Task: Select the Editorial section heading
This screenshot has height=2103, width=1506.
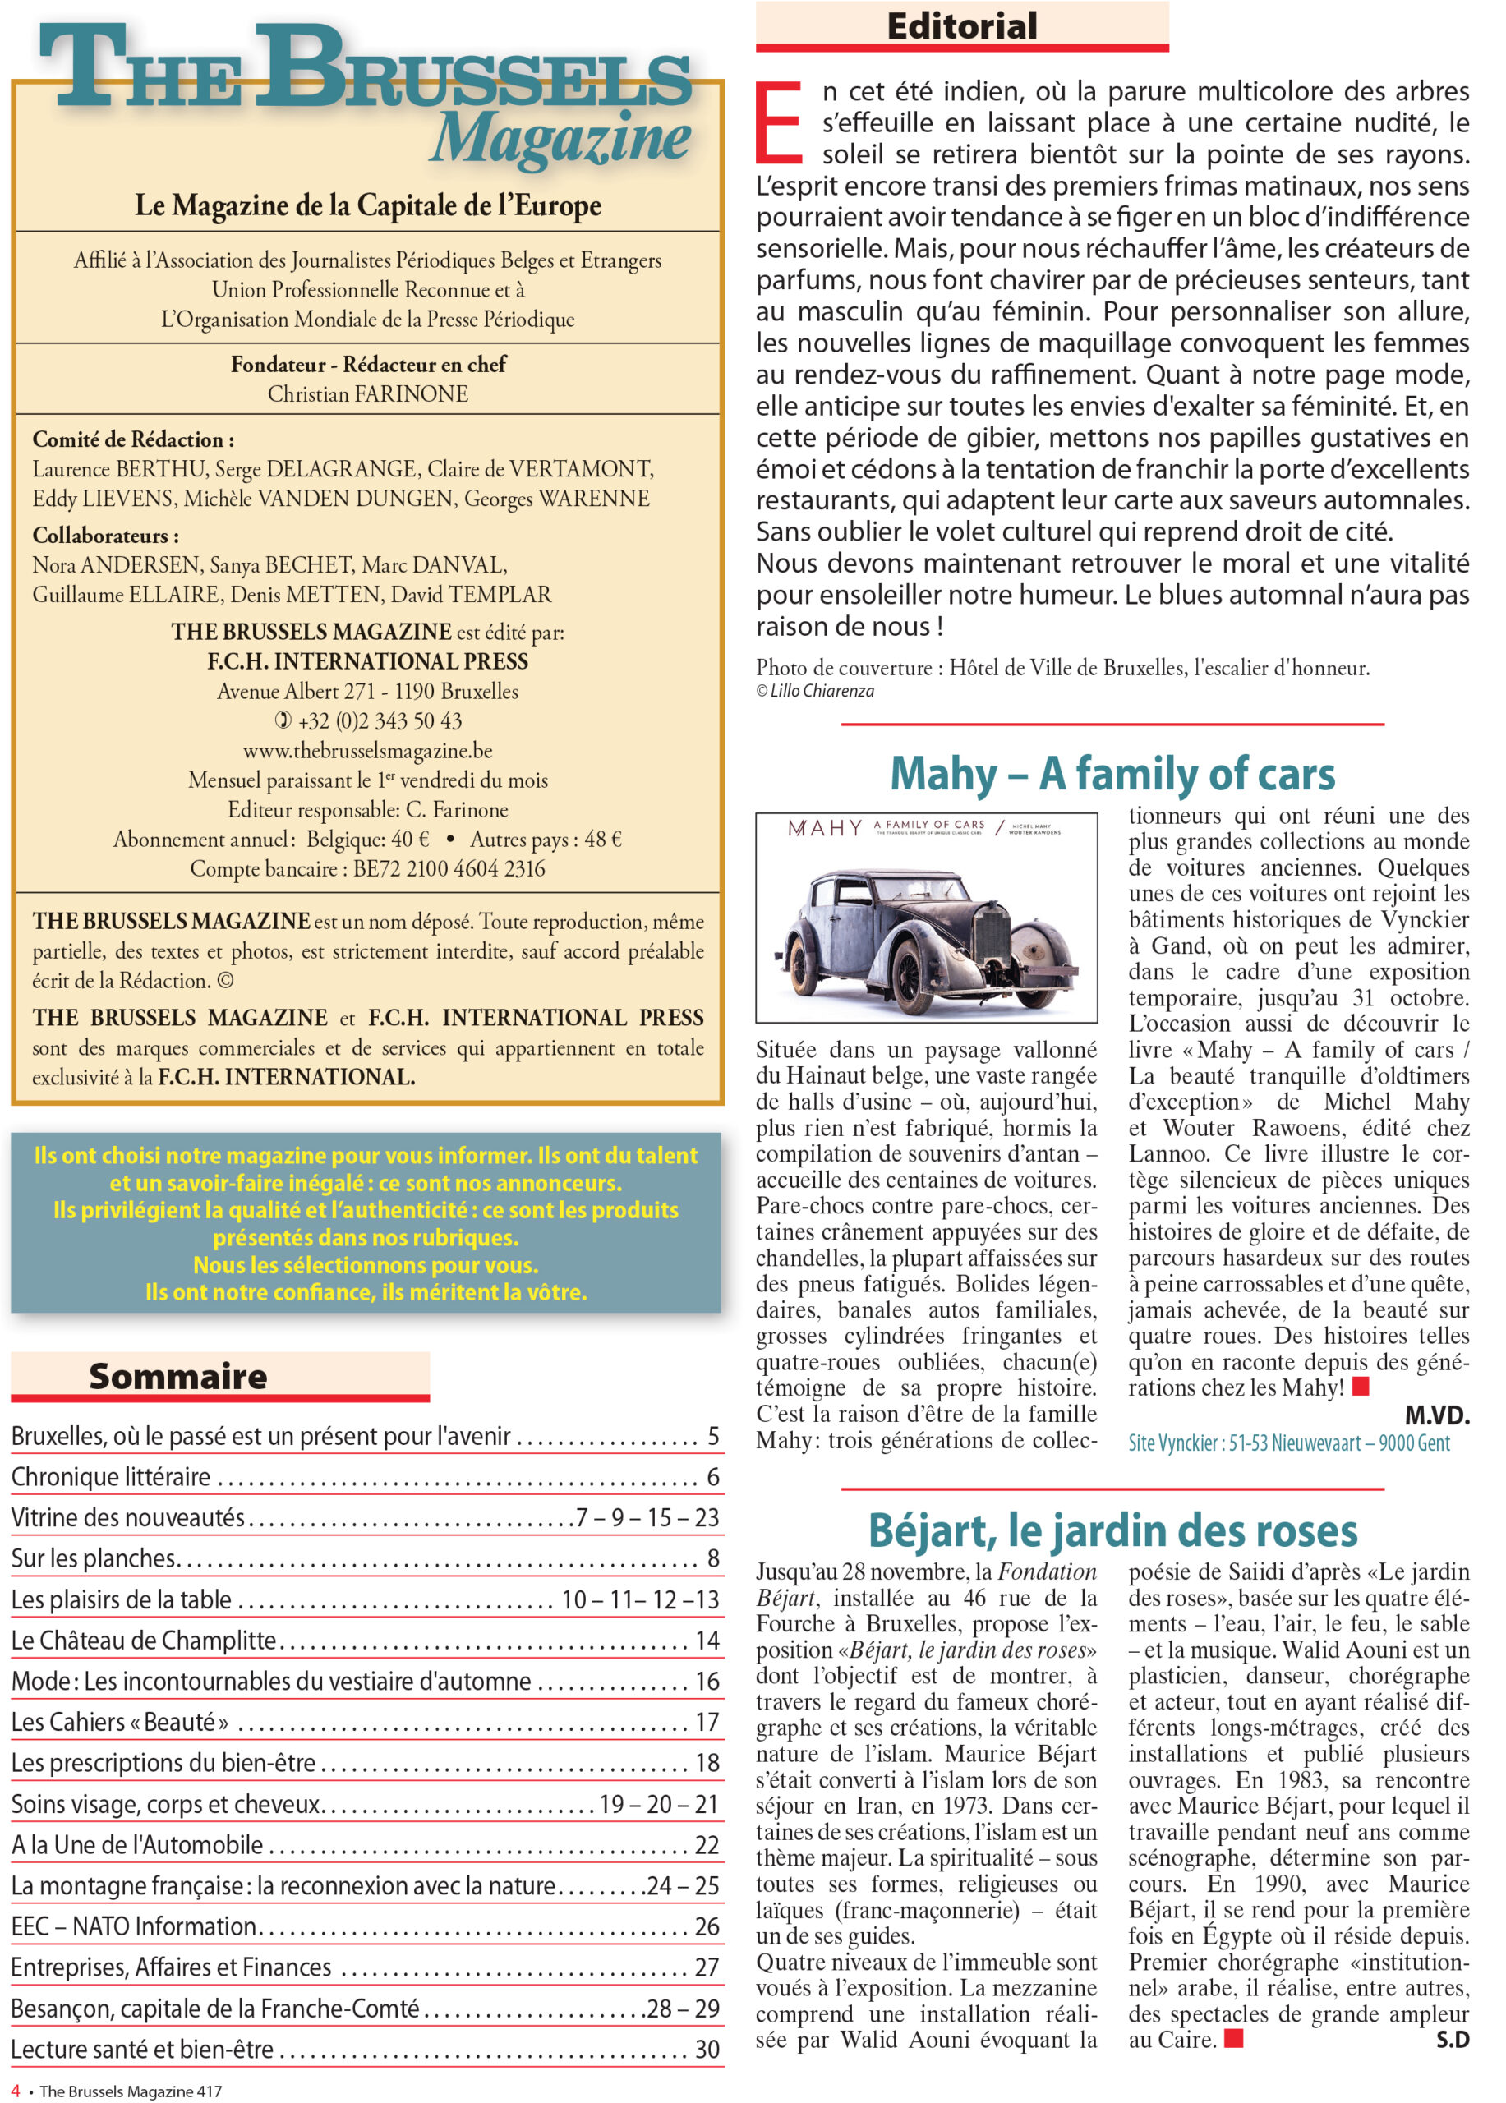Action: [x=961, y=26]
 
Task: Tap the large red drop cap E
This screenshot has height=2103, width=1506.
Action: [x=779, y=122]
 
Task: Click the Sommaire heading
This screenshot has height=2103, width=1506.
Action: [x=178, y=1376]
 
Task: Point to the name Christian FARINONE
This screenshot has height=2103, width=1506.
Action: [x=368, y=394]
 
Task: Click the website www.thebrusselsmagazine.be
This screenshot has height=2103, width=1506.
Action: [x=368, y=750]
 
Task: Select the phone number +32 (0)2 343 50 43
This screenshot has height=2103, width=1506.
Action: [x=380, y=720]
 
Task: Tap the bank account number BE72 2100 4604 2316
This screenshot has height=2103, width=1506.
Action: [x=449, y=869]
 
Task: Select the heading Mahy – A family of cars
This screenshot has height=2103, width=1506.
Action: [x=1112, y=773]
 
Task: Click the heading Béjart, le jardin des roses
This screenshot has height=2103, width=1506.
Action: [x=1112, y=1531]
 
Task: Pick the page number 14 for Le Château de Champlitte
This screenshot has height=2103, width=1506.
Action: [x=707, y=1641]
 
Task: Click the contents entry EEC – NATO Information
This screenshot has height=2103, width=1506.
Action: [x=135, y=1926]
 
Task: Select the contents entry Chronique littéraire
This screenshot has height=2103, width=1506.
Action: [x=111, y=1477]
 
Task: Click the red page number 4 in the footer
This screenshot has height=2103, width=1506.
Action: [x=15, y=2091]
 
